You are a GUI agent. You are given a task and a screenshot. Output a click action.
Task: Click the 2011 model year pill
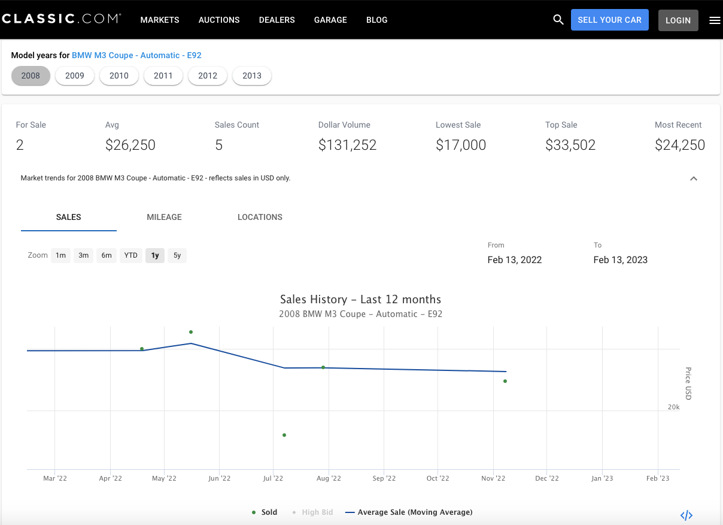tap(163, 76)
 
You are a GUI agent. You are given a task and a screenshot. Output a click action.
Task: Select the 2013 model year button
tap(252, 76)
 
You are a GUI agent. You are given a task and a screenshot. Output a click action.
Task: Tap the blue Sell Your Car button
tap(609, 20)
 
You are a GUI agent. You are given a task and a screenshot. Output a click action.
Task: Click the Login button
tap(678, 20)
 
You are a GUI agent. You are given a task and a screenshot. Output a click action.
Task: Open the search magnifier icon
tap(558, 20)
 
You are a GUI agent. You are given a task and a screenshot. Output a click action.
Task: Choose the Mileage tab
tap(164, 217)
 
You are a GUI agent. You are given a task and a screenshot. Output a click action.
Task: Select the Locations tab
tap(260, 217)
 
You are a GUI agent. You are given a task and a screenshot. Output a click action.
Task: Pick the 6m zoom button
tap(107, 255)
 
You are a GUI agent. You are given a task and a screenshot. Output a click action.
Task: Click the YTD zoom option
tap(130, 255)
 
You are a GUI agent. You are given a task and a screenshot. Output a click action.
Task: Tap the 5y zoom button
tap(177, 255)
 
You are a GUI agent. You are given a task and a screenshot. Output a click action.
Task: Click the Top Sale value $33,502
tap(570, 145)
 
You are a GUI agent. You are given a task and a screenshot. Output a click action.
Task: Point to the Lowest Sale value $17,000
tap(461, 145)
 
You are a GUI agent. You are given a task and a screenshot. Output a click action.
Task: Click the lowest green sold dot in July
tap(284, 435)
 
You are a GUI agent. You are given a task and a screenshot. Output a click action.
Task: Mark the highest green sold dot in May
tap(191, 332)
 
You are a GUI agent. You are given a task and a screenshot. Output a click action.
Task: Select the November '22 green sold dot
tap(505, 381)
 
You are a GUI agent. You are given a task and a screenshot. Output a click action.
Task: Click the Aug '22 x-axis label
tap(329, 478)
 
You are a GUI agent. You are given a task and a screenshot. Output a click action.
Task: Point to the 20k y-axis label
tap(673, 407)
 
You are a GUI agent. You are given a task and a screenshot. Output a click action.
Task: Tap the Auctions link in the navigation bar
tap(219, 20)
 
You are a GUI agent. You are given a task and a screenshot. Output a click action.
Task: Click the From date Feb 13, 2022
tap(515, 260)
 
